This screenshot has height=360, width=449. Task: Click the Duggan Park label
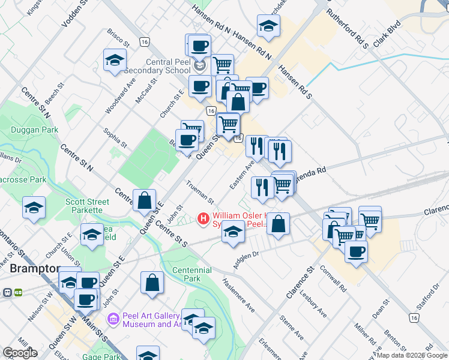pos(34,130)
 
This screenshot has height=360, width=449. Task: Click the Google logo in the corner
pos(20,353)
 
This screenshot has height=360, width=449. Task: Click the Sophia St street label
pos(115,137)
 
